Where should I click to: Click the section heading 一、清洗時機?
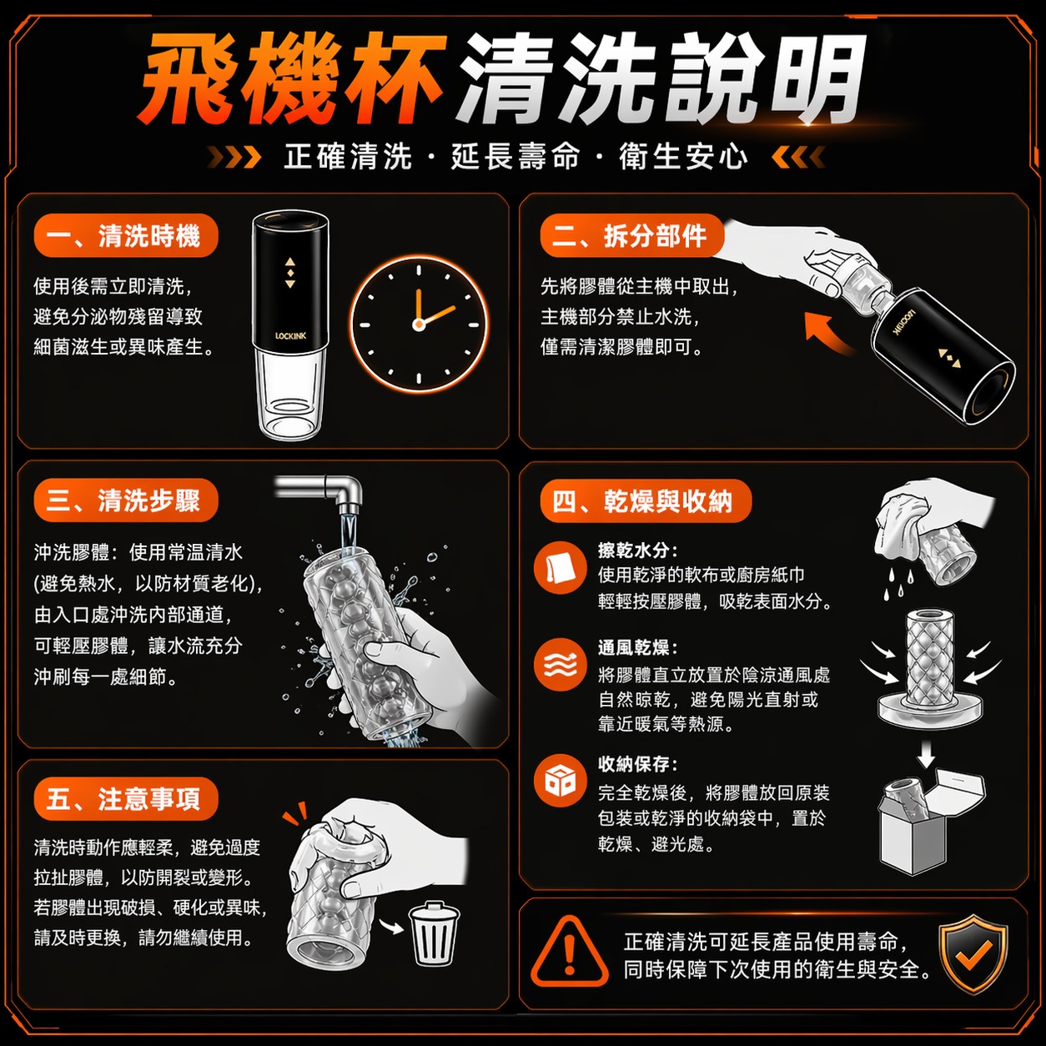(x=125, y=235)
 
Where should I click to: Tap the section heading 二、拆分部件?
(x=631, y=235)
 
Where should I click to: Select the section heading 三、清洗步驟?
(x=125, y=500)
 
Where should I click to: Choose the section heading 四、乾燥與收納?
(x=646, y=500)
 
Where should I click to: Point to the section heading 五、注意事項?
(x=125, y=798)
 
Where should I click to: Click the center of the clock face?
(x=419, y=324)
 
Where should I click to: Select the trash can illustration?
(x=434, y=933)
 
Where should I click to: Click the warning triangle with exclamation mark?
(x=569, y=953)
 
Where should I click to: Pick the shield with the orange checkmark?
(x=973, y=953)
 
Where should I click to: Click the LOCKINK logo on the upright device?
(x=290, y=336)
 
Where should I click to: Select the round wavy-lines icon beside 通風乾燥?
(x=560, y=665)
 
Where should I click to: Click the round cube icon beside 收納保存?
(x=560, y=781)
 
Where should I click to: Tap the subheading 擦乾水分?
(x=637, y=551)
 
